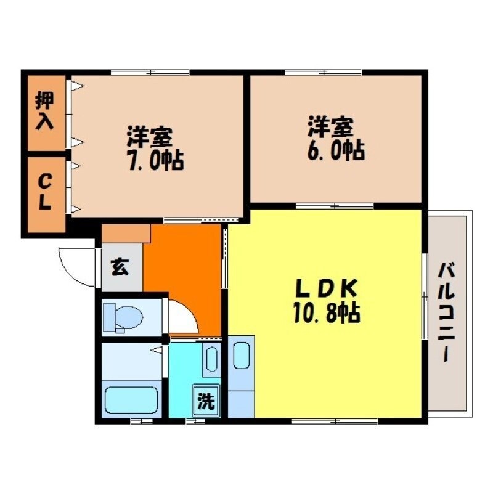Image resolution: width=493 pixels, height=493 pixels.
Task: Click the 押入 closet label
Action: click(45, 111)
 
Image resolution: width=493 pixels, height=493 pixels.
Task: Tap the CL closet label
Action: click(44, 192)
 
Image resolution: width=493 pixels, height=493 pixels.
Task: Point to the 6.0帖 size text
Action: click(335, 150)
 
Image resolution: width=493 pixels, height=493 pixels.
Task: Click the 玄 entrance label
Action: click(120, 269)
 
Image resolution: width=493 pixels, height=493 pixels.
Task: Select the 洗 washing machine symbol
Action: click(206, 401)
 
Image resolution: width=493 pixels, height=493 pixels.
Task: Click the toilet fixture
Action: click(123, 317)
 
